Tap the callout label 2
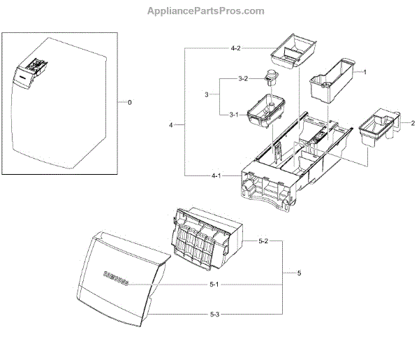(x=404, y=123)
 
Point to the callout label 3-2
(x=242, y=78)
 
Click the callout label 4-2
(x=235, y=48)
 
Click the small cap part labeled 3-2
(x=270, y=80)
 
